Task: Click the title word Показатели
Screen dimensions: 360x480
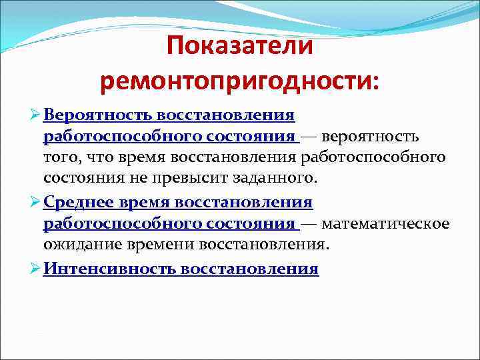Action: (x=239, y=47)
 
